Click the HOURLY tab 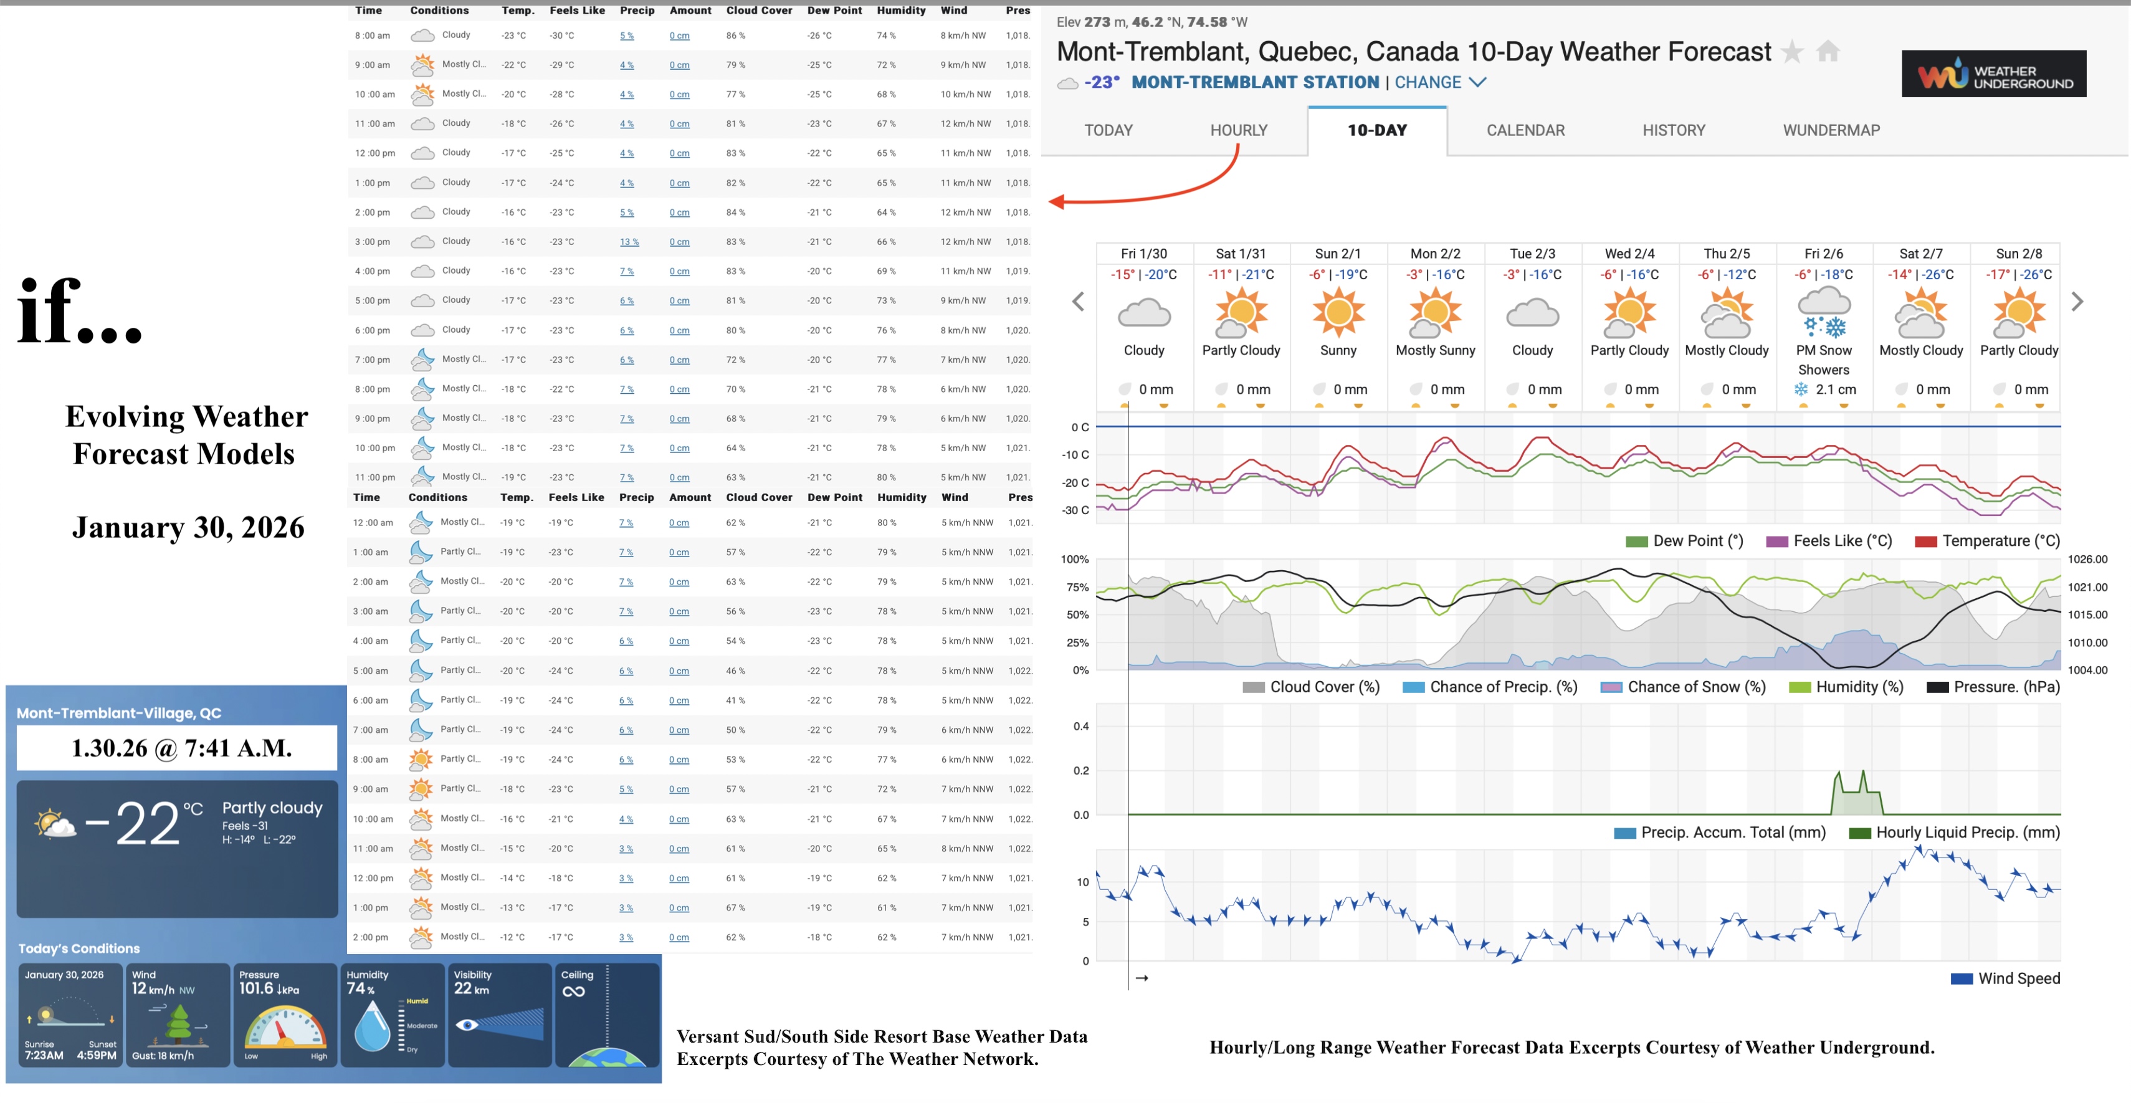pos(1238,130)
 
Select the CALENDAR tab pos(1525,130)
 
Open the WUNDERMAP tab pos(1831,130)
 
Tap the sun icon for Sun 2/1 pos(1338,313)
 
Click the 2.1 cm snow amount pos(1835,389)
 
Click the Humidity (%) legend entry pos(1846,687)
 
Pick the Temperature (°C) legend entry pos(1987,541)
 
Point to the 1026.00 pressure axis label pos(2087,560)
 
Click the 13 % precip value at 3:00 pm pos(629,242)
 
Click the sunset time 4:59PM pos(97,1056)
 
